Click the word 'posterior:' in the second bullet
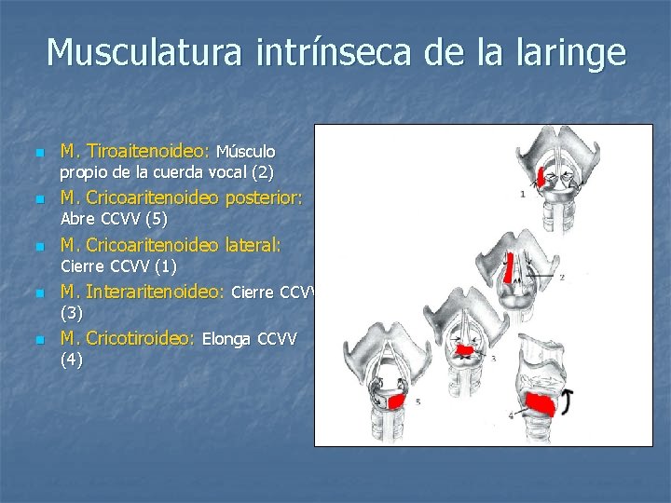264,197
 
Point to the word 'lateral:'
251,245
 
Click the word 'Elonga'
226,339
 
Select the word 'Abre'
77,220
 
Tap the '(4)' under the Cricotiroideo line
71,360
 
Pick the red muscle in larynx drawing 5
396,401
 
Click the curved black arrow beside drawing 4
566,402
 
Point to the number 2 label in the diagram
562,277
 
